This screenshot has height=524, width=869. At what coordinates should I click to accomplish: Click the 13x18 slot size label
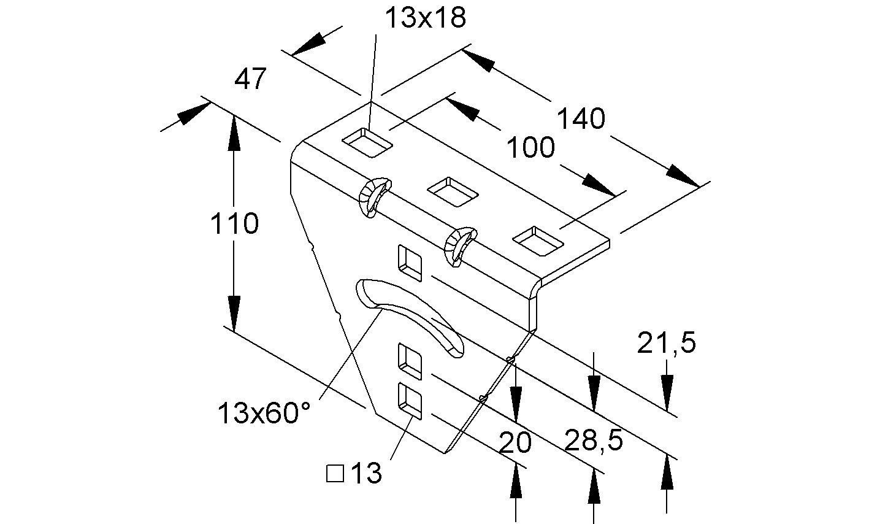point(426,18)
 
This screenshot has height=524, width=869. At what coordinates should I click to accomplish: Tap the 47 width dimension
point(251,79)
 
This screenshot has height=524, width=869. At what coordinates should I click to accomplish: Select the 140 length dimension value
point(581,119)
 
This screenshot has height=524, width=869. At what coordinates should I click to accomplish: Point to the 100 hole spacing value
point(530,147)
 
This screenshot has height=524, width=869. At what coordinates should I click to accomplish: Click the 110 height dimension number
point(234,223)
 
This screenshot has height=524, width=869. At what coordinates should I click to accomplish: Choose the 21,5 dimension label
point(667,343)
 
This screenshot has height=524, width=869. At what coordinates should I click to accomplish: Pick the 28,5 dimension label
point(594,440)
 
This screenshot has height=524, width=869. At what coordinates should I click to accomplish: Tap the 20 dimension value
point(515,442)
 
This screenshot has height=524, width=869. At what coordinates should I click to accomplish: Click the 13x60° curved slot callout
point(264,412)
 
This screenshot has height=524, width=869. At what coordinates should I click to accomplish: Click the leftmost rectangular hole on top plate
point(367,143)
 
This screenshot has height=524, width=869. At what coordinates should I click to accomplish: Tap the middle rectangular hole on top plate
point(453,192)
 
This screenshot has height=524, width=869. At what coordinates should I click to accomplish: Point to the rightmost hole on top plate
point(538,241)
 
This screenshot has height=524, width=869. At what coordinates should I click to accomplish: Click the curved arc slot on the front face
point(410,317)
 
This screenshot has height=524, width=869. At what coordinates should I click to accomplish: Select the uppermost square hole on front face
point(410,263)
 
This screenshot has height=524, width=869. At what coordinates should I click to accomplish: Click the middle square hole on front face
point(410,361)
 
